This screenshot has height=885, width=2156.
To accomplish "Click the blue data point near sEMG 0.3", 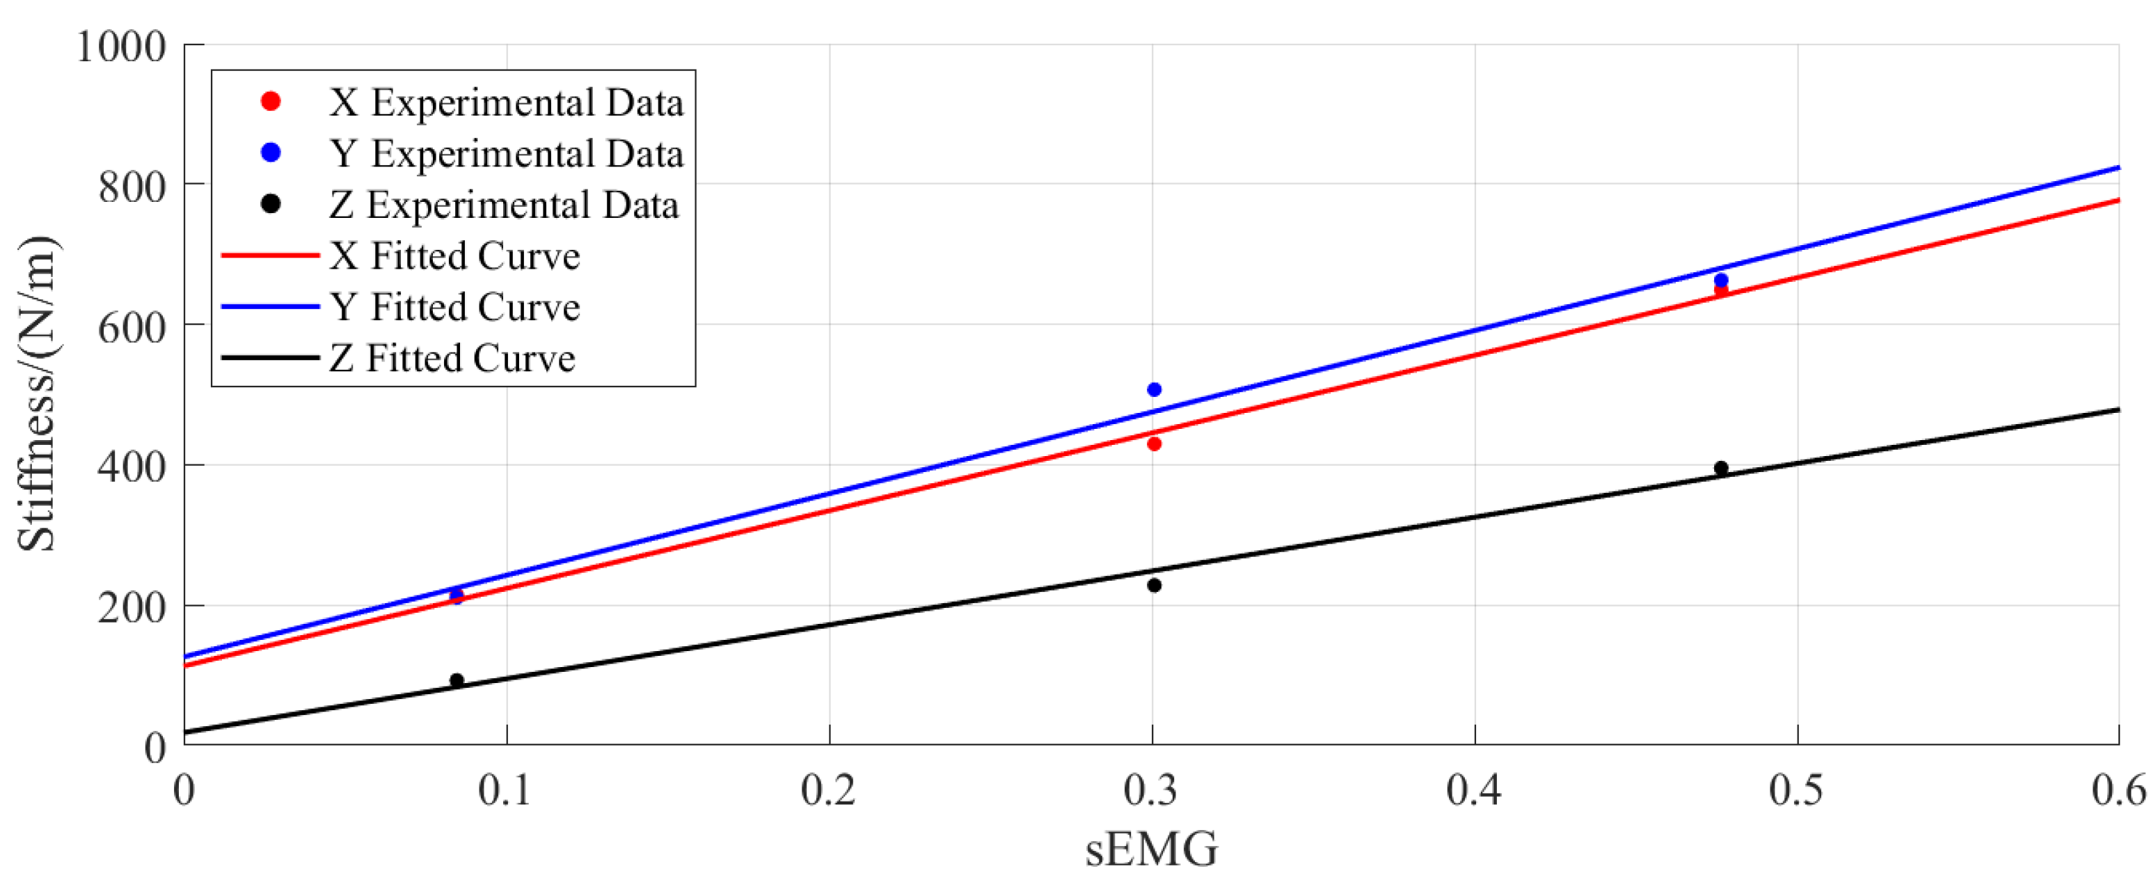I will (x=1154, y=389).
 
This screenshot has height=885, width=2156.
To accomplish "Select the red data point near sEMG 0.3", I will (x=1154, y=444).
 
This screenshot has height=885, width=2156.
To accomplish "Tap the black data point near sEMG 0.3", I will (x=1154, y=586).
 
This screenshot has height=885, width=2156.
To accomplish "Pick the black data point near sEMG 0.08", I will (x=457, y=681).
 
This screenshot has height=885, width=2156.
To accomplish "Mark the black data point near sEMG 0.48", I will (x=1721, y=468).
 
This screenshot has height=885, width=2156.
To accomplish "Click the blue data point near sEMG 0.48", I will (x=1721, y=281).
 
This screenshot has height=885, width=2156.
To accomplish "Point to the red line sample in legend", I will (x=269, y=256).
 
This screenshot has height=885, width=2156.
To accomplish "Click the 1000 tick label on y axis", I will (x=121, y=46).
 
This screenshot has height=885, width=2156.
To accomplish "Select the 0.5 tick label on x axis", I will (x=1796, y=790).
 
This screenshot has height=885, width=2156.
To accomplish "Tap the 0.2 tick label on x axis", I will (x=829, y=790).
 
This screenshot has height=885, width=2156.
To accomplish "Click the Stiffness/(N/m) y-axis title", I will (x=37, y=393).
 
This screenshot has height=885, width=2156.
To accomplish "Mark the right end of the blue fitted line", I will (x=2118, y=167).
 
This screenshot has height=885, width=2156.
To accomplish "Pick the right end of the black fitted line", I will (x=2118, y=409).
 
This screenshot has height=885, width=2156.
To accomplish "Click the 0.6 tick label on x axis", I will (x=2118, y=790).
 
